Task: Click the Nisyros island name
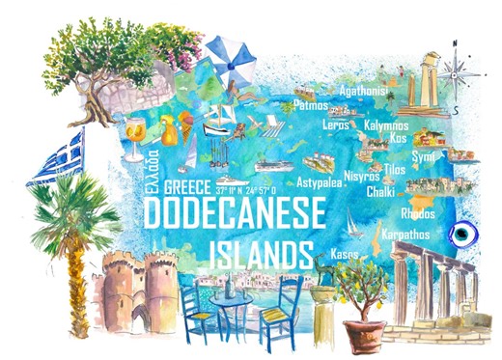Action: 362,176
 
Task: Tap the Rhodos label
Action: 417,213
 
